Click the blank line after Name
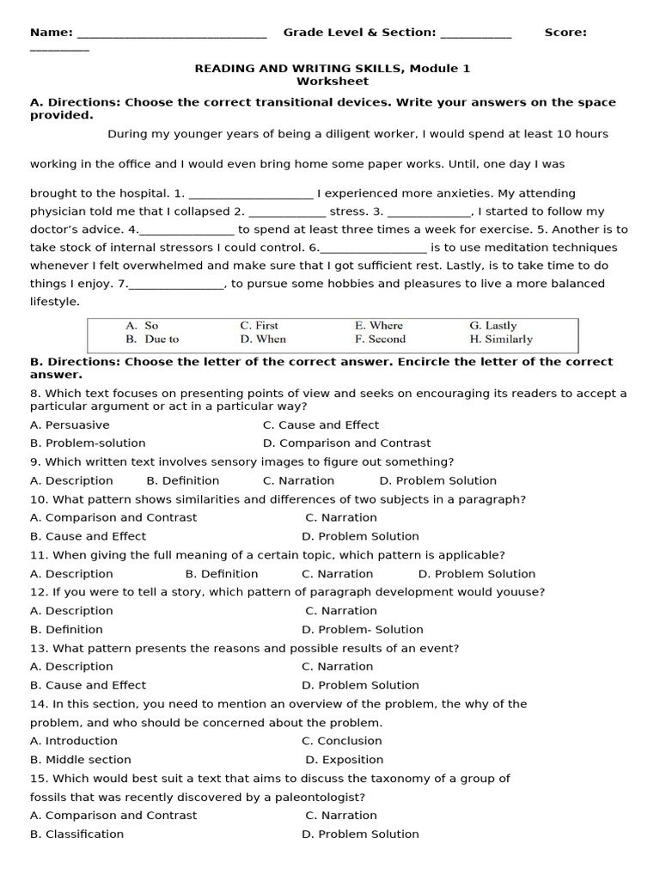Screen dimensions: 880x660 pos(172,34)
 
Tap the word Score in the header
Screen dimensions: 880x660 pos(565,33)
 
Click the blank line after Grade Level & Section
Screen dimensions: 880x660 pos(475,34)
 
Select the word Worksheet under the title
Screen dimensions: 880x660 pos(333,82)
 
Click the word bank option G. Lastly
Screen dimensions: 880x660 pos(492,326)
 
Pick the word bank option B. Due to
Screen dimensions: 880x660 pos(152,339)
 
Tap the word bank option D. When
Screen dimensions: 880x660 pos(263,339)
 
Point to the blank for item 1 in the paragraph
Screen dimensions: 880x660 pos(250,195)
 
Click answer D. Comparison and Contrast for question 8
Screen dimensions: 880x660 pos(346,443)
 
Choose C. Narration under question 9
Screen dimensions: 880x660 pos(298,481)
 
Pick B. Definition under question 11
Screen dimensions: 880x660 pos(222,574)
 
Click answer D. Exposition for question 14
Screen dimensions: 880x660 pos(345,760)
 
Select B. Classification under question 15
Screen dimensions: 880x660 pos(76,834)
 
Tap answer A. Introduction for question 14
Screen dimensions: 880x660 pos(74,741)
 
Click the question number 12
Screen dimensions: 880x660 pos(39,592)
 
